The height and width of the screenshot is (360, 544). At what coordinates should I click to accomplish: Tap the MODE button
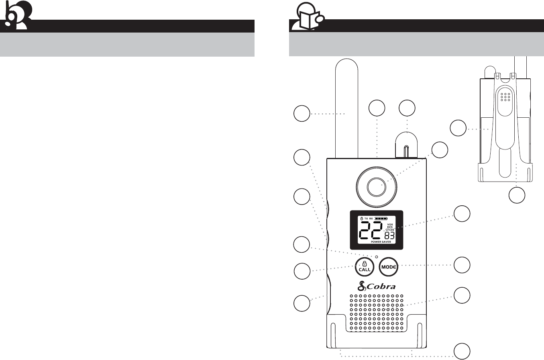tap(389, 266)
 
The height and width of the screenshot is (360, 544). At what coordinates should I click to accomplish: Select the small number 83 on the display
tap(390, 236)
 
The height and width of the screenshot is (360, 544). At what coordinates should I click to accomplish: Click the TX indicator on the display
tap(366, 219)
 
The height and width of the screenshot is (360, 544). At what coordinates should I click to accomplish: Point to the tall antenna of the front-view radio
tap(346, 108)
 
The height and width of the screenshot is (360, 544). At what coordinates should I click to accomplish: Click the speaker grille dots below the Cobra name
tap(377, 313)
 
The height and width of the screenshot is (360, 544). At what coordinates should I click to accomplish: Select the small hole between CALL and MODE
tap(377, 256)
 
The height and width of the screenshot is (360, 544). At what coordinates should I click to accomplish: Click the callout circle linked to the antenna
tap(302, 114)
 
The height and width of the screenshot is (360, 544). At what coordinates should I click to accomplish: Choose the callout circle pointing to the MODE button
tap(462, 265)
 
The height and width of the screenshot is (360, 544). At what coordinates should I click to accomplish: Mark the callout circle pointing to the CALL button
tap(302, 271)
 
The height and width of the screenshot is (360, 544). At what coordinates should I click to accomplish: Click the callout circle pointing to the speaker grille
tap(462, 295)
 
